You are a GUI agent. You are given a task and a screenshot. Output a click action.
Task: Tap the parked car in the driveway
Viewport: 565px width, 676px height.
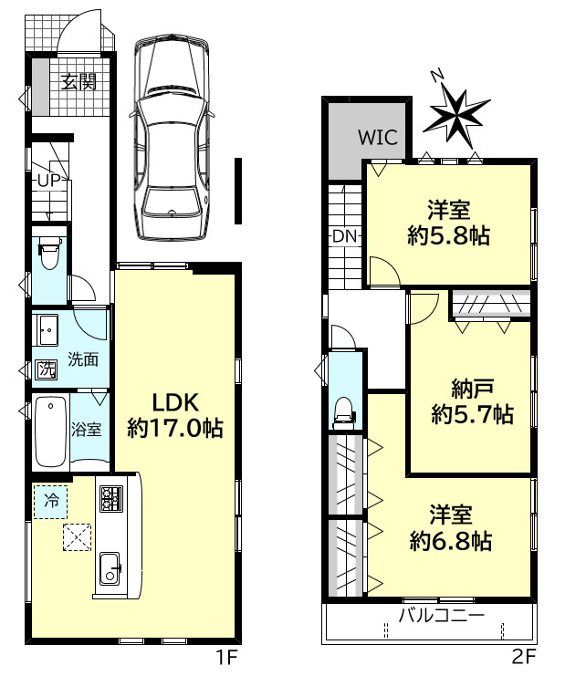pos(171,136)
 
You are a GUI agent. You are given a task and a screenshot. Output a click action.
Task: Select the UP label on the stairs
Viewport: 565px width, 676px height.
pos(48,181)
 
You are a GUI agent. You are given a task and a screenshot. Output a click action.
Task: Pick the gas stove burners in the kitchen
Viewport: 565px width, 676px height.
pos(110,498)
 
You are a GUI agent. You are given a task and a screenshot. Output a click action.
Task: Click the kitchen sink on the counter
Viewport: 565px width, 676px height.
pos(110,570)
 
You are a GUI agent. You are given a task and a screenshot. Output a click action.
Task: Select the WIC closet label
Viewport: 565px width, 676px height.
pos(376,139)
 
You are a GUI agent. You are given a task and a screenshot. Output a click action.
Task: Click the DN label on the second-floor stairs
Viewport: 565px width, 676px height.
pos(344,236)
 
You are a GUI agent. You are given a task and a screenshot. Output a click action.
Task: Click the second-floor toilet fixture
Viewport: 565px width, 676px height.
pos(344,410)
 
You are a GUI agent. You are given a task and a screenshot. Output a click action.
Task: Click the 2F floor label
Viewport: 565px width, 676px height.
pos(523,656)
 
